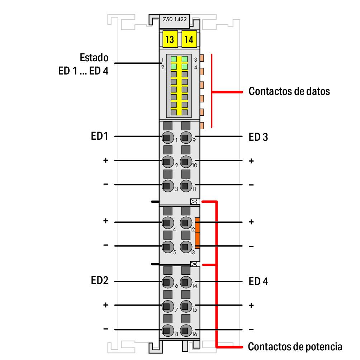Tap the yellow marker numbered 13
(x=170, y=39)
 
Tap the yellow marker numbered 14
(x=189, y=39)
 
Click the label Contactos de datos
(x=289, y=91)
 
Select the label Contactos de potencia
(x=295, y=347)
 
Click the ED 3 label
(x=258, y=137)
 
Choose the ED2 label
(x=99, y=281)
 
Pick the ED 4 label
(x=258, y=282)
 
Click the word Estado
(x=94, y=58)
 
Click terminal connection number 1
(x=167, y=137)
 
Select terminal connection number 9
(x=185, y=137)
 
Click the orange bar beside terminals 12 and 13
(x=197, y=233)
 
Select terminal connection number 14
(x=185, y=282)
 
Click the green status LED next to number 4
(x=185, y=67)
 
